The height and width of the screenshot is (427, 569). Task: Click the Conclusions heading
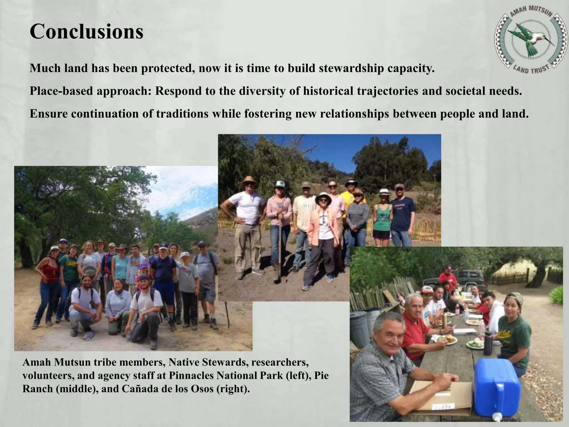pos(86,31)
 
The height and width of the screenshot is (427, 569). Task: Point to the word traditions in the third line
pos(182,114)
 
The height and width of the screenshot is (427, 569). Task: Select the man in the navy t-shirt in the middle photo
pos(402,214)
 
